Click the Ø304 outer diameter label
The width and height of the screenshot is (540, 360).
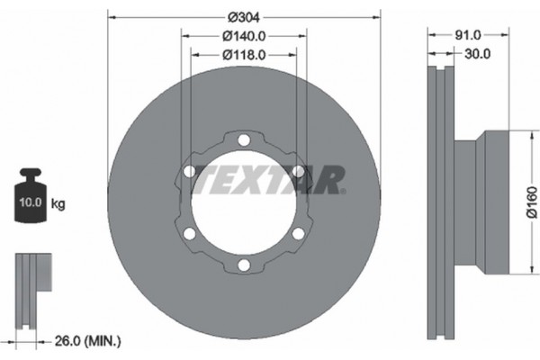244,17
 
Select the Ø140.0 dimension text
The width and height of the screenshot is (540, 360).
244,36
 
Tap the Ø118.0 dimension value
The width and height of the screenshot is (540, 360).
244,55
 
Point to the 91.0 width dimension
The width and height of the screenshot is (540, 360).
468,35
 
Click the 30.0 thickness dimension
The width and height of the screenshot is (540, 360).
477,54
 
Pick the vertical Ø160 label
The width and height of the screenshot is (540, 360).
532,202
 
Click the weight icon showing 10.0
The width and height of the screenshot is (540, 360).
31,195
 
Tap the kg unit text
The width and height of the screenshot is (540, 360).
58,203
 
